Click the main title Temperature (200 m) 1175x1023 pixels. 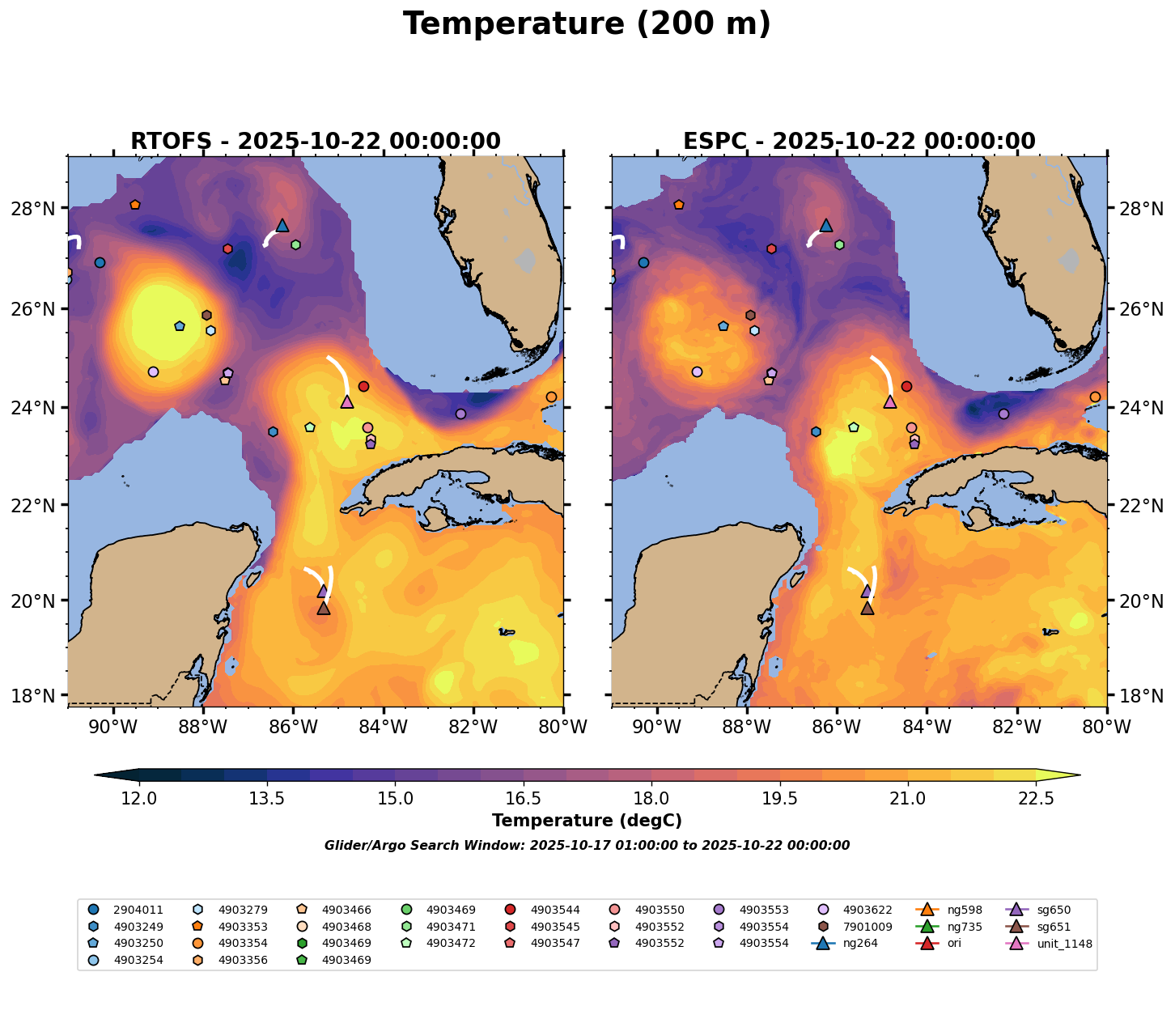[x=587, y=24]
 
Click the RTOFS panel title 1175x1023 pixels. [x=315, y=142]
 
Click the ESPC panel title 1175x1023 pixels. [x=859, y=142]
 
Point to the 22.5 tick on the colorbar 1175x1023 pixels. [x=1035, y=800]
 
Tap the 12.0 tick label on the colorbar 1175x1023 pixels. [x=139, y=800]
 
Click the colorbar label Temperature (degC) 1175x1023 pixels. [x=587, y=821]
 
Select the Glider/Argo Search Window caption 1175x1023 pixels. [x=587, y=846]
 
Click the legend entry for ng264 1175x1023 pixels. [x=859, y=944]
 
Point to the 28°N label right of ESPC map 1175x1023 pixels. [x=1141, y=210]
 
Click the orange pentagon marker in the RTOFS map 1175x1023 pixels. [x=135, y=205]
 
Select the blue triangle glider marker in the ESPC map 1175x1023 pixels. [x=825, y=225]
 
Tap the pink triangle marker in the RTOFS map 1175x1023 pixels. [x=346, y=401]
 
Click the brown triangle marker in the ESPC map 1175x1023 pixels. [x=867, y=608]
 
